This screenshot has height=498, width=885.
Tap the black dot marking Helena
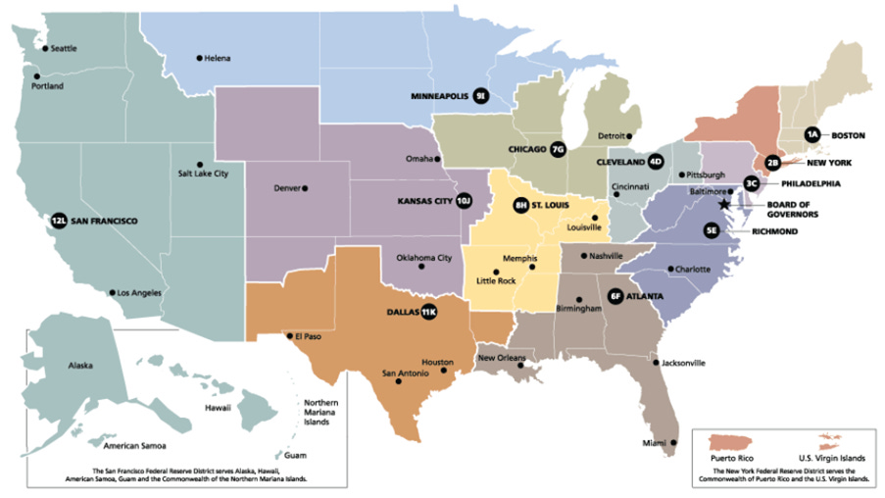coord(199,59)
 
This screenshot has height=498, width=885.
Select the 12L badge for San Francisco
coord(59,222)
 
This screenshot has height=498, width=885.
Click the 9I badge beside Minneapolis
coord(480,97)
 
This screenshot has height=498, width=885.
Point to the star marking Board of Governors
coord(724,204)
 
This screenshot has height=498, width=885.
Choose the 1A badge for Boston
coord(811,134)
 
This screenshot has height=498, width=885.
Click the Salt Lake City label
coord(203,174)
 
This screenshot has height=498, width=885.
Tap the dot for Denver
coord(305,188)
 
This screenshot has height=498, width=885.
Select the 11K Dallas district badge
coord(428,313)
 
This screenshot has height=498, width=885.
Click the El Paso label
coord(308,336)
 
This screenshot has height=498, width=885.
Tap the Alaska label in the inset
coord(80,366)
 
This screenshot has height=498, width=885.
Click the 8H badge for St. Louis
coord(520,206)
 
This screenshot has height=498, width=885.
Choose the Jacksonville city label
coord(683,363)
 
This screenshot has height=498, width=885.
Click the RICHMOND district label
coord(775,231)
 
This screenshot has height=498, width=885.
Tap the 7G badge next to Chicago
coord(558,150)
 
